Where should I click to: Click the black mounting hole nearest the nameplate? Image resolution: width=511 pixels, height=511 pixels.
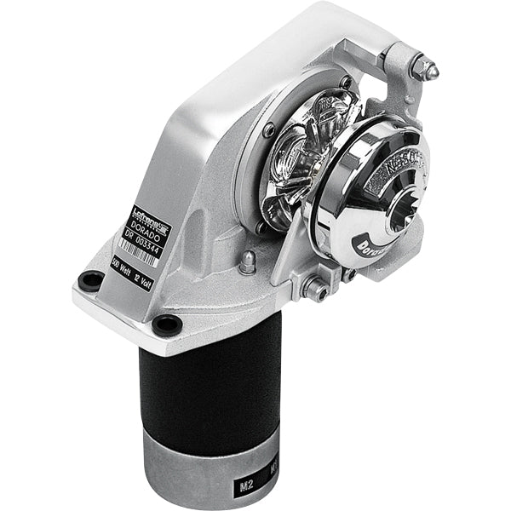89,281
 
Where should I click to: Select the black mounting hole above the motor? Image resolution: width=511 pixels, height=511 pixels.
167,324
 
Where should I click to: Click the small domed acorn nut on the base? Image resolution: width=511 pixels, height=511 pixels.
247,262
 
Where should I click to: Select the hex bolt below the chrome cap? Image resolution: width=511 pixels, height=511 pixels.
315,290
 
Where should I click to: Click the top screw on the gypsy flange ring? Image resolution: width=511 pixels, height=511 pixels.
344,83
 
